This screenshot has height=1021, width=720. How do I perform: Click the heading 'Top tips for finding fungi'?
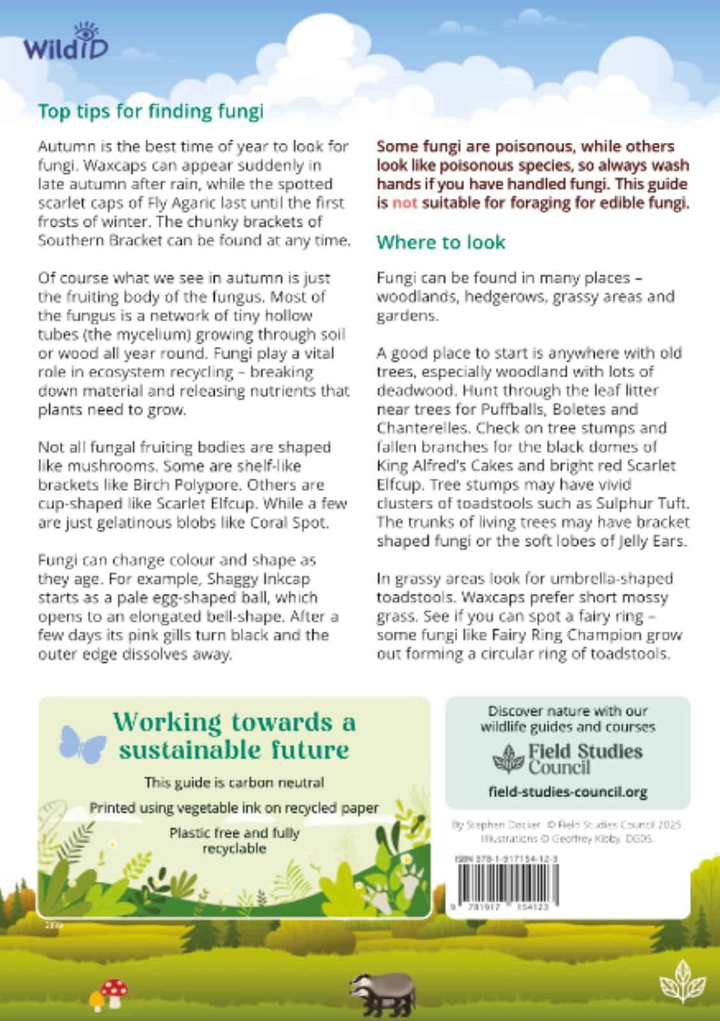click(151, 111)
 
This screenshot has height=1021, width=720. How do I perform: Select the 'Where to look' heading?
click(440, 242)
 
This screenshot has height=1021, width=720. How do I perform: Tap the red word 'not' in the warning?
click(403, 204)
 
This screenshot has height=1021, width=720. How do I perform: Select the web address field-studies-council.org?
click(567, 792)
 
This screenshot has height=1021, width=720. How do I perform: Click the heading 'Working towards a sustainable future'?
click(234, 735)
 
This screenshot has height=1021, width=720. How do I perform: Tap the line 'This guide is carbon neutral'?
click(234, 782)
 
